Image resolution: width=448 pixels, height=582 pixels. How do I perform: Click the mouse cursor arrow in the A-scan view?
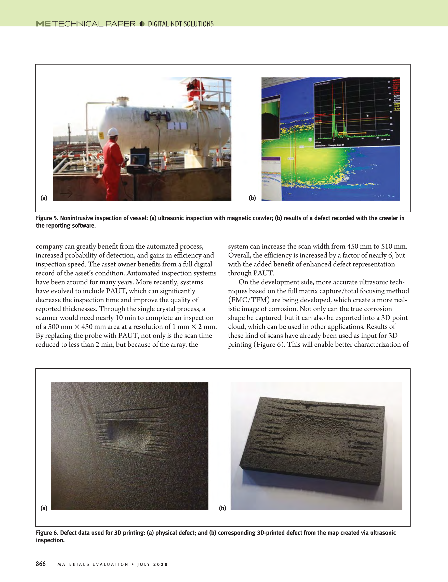pyautogui.click(x=367, y=116)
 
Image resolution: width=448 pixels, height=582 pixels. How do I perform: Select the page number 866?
pyautogui.click(x=41, y=564)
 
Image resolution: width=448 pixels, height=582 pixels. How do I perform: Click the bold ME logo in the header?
pyautogui.click(x=43, y=24)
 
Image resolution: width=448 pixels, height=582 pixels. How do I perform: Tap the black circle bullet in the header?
pyautogui.click(x=142, y=24)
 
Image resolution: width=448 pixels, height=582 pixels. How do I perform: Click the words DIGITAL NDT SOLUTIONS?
pyautogui.click(x=181, y=24)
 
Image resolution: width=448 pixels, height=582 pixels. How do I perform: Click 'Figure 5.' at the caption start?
pyautogui.click(x=47, y=218)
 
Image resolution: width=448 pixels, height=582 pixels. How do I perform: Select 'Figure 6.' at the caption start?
pyautogui.click(x=47, y=533)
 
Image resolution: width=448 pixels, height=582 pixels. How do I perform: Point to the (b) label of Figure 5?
pyautogui.click(x=252, y=198)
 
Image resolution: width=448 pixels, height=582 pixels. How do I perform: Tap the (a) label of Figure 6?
pyautogui.click(x=44, y=508)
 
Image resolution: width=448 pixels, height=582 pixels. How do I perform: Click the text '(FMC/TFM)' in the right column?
pyautogui.click(x=249, y=300)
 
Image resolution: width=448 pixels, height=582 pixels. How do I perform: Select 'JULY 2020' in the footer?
pyautogui.click(x=152, y=564)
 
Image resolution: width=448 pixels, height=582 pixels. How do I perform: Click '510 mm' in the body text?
pyautogui.click(x=394, y=247)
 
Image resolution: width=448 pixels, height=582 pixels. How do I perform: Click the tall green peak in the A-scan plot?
pyautogui.click(x=335, y=117)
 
